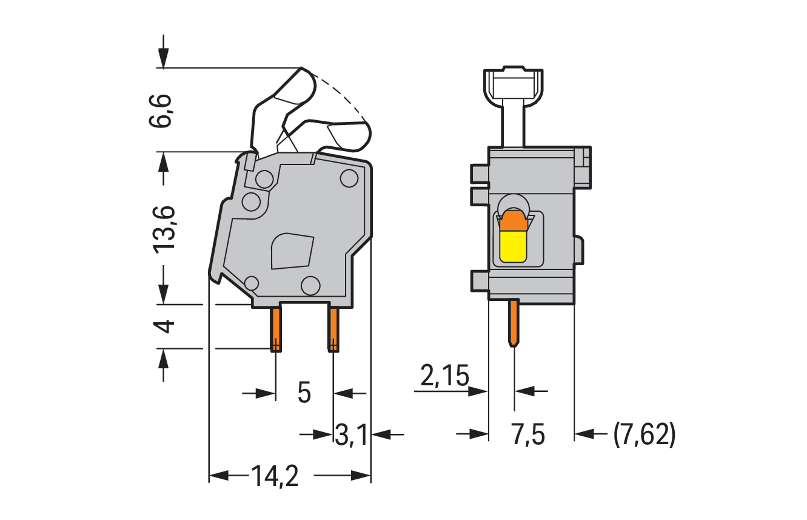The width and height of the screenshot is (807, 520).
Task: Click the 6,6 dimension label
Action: click(160, 110)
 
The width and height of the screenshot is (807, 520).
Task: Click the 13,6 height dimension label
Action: click(164, 230)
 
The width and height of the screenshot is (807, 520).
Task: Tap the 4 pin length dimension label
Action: click(164, 326)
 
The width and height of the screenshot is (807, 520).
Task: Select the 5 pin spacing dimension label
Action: click(304, 393)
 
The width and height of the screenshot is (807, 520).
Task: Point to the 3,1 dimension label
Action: click(351, 435)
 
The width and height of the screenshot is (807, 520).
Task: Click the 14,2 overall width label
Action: click(275, 476)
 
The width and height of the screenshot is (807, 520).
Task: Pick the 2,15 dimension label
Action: click(445, 376)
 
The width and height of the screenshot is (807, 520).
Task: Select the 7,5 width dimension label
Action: click(528, 435)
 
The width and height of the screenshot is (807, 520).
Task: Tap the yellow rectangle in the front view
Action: click(513, 247)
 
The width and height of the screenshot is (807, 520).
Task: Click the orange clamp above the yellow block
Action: click(514, 221)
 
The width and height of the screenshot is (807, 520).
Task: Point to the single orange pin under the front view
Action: click(514, 323)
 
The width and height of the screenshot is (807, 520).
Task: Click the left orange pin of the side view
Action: click(276, 329)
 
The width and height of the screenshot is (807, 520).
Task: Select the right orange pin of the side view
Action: click(333, 329)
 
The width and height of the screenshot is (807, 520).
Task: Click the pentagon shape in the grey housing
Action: click(292, 251)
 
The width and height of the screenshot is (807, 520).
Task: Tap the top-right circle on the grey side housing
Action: click(349, 178)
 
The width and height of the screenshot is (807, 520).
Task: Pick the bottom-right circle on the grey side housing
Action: click(310, 286)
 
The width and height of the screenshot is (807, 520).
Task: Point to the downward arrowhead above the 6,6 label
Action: click(163, 59)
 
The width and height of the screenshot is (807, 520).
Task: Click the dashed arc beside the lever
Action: click(341, 94)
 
